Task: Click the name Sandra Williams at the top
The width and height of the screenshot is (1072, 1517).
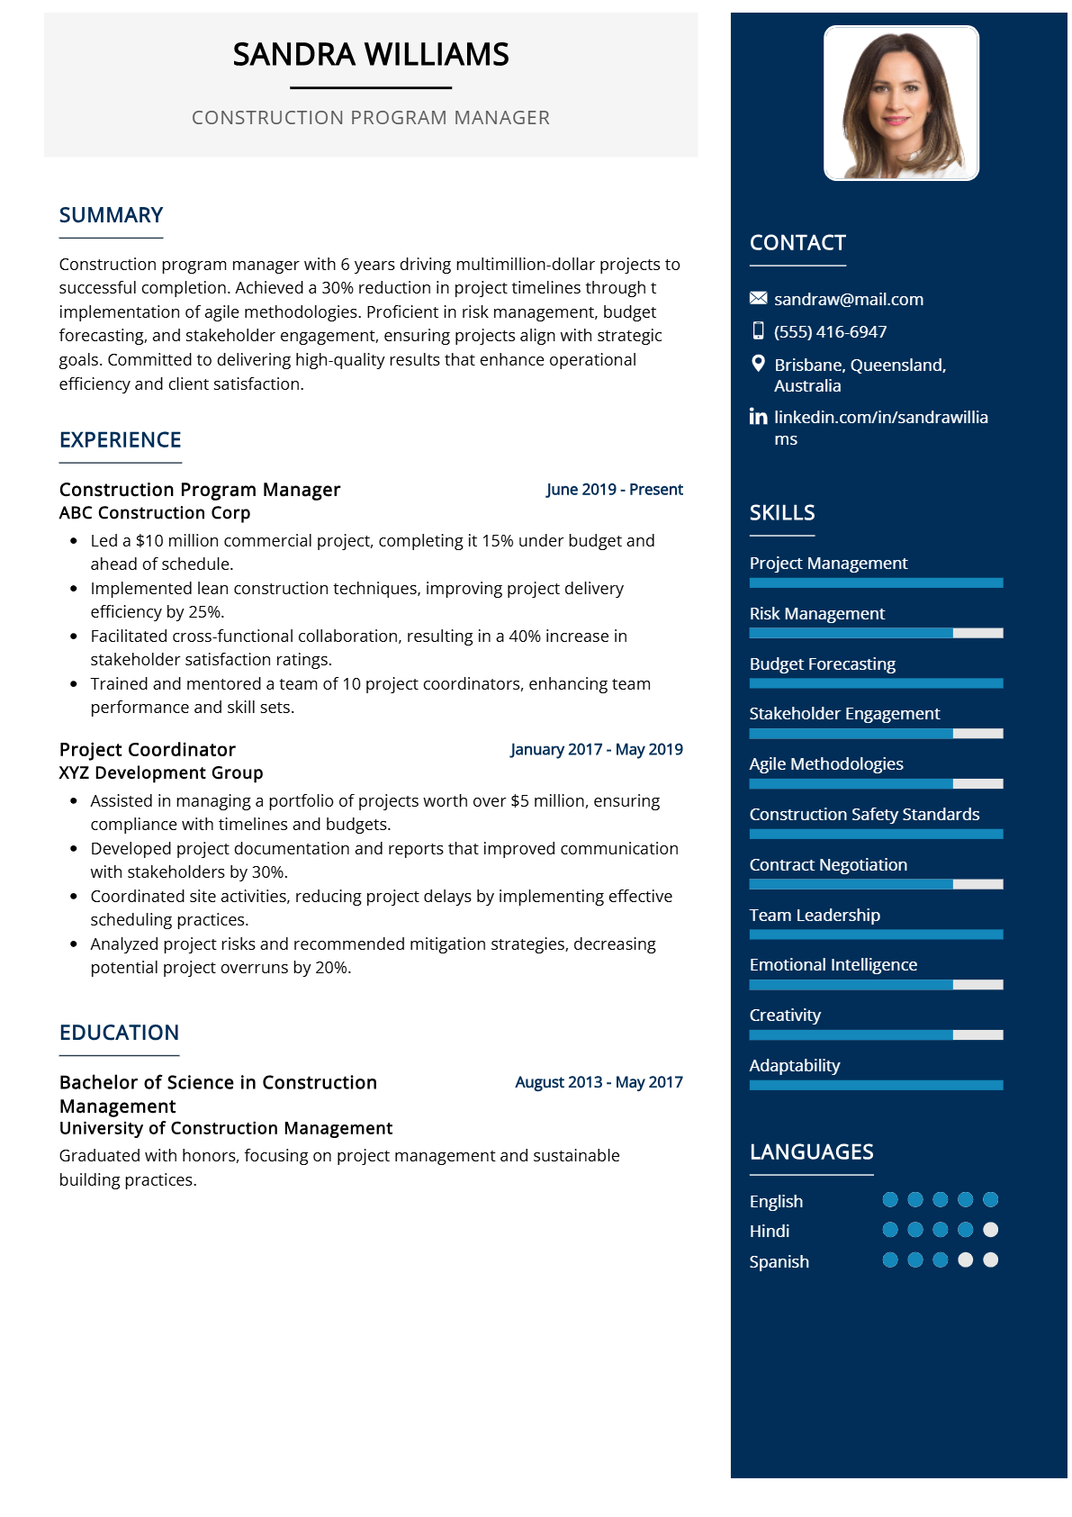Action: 371,55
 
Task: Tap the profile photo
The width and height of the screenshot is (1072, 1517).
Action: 901,103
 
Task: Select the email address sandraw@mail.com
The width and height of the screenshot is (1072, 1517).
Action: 849,299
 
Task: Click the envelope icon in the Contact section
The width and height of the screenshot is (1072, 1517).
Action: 758,298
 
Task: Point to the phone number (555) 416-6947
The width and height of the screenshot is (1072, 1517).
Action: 830,331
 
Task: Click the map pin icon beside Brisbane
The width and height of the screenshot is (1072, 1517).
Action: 758,364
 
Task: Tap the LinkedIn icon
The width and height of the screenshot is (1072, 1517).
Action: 758,417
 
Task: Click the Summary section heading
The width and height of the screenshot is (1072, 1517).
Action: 111,215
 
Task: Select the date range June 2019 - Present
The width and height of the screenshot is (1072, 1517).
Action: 614,490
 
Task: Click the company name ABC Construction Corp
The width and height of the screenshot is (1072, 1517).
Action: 155,513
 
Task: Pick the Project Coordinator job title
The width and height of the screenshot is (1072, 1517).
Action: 148,750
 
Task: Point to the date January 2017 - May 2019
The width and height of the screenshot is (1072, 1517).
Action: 596,750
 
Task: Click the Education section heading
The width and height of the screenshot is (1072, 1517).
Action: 119,1033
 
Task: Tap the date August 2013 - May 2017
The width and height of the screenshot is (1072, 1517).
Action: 599,1082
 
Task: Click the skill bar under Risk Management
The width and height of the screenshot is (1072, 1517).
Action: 876,633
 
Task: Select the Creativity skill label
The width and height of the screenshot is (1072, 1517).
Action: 785,1016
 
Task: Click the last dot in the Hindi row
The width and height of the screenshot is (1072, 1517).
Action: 990,1230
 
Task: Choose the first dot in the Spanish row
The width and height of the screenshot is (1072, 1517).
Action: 890,1260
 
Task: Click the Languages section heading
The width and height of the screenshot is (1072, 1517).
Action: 811,1152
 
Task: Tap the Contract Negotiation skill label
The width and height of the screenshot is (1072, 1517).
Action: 828,865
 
